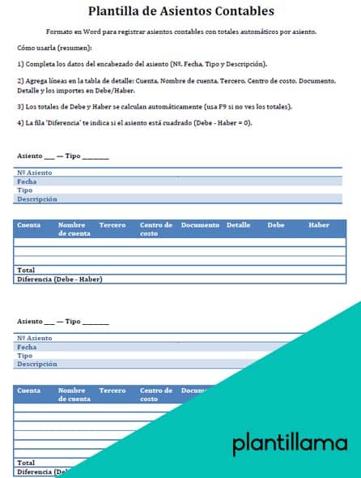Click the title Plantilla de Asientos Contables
click(x=180, y=11)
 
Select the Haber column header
click(x=319, y=224)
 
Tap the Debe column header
click(x=276, y=224)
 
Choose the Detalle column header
click(x=238, y=224)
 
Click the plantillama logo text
click(x=290, y=443)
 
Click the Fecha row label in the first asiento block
click(x=27, y=181)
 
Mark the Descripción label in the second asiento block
click(x=37, y=364)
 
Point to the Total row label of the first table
click(x=26, y=271)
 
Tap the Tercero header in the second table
click(x=112, y=391)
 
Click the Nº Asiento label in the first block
click(x=34, y=173)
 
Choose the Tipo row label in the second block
click(x=25, y=355)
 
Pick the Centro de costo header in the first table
click(x=156, y=228)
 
